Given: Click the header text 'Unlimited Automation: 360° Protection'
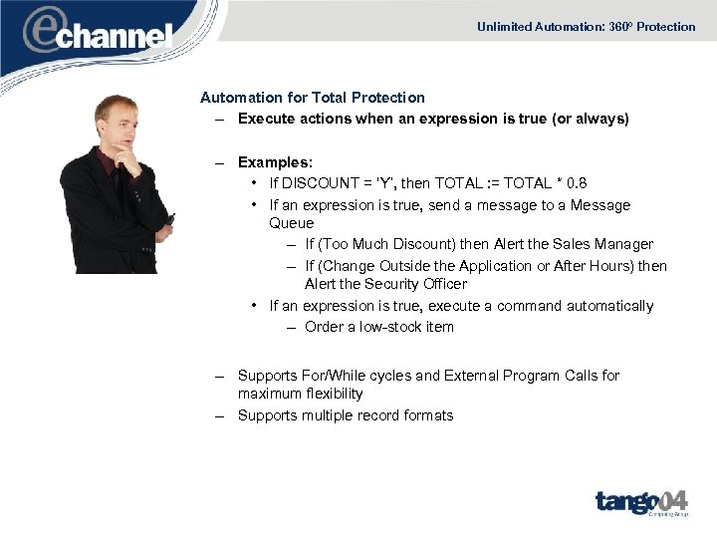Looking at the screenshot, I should pos(586,27).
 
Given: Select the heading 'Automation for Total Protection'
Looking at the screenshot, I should pos(313,98).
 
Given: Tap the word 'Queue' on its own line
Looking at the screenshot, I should pos(292,223).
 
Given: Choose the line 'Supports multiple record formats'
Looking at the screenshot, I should pos(345,415).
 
